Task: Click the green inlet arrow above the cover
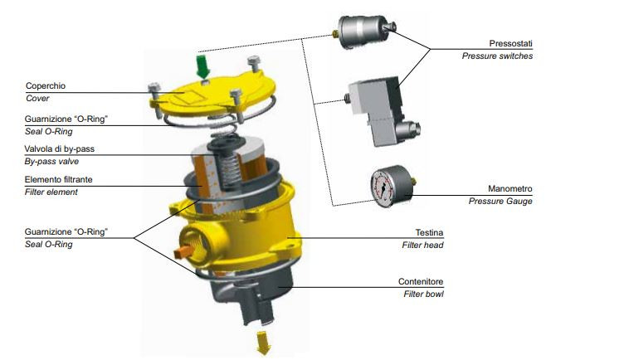pyautogui.click(x=203, y=66)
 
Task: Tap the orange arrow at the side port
pyautogui.click(x=184, y=252)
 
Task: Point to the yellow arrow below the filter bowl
pyautogui.click(x=264, y=343)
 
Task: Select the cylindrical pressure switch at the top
pyautogui.click(x=363, y=32)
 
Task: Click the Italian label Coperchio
pyautogui.click(x=46, y=85)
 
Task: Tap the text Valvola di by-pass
pyautogui.click(x=60, y=148)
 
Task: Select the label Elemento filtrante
pyautogui.click(x=59, y=179)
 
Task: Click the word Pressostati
pyautogui.click(x=510, y=43)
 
